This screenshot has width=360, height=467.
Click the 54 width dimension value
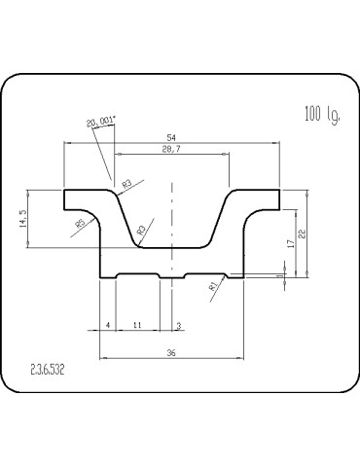tap(172, 137)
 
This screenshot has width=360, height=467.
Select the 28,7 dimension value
tap(171, 149)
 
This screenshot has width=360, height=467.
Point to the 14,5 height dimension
tap(24, 219)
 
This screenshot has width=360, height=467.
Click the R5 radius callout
tap(80, 224)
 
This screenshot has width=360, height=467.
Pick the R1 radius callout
tap(213, 286)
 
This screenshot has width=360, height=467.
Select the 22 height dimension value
tap(302, 234)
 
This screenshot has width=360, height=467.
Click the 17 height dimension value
tap(292, 243)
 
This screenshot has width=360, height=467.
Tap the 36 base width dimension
tap(171, 353)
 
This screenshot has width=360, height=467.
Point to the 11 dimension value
tap(137, 325)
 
